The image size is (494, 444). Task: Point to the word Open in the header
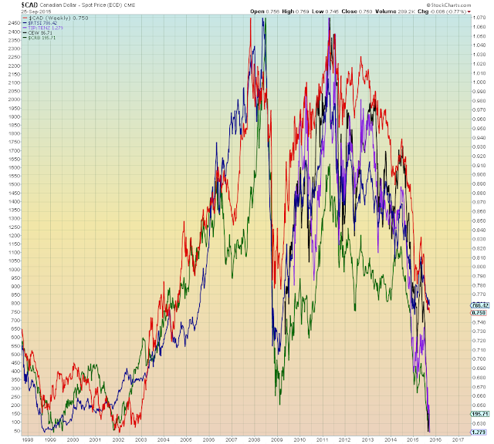[258, 12]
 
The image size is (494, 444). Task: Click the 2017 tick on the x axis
[457, 438]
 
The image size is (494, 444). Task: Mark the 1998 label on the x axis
[27, 438]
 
